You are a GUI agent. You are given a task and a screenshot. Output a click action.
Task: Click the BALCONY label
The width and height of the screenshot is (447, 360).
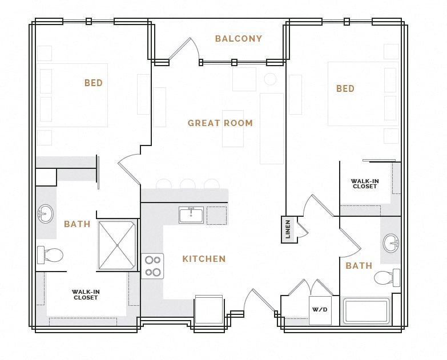coord(238,39)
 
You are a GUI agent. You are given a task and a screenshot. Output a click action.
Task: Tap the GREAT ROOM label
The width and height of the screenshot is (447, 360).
coord(220,123)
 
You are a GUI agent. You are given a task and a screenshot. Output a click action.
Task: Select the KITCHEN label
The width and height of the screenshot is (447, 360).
coord(204,259)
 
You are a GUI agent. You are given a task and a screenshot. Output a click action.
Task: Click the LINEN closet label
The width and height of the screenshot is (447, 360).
coord(288,229)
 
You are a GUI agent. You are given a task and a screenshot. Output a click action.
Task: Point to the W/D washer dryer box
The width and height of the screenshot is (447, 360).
coord(320,310)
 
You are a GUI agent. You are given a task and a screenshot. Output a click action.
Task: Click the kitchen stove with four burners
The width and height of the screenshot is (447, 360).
coord(152,266)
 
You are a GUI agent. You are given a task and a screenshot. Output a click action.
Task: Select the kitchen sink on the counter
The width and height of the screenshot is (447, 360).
coord(191,215)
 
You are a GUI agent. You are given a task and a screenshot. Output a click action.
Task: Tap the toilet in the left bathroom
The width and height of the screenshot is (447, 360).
coord(50,254)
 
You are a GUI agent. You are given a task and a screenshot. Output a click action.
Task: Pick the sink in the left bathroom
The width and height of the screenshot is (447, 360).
coord(45,214)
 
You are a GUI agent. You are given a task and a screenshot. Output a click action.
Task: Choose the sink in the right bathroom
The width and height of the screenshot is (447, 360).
coord(391,242)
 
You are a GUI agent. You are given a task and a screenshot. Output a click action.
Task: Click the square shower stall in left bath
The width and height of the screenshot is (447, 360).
coord(117,245)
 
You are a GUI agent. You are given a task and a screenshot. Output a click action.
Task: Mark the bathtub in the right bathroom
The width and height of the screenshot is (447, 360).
coord(366,312)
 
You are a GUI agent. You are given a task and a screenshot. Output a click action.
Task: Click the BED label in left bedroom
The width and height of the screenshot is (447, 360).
coord(94,83)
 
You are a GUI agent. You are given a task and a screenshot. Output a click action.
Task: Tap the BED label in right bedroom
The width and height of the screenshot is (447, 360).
coord(345,89)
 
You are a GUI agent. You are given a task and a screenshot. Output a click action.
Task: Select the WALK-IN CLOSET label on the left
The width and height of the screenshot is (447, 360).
coord(86,294)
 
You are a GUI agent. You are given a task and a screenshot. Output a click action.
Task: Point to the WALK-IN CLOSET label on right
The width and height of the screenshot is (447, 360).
coord(365,184)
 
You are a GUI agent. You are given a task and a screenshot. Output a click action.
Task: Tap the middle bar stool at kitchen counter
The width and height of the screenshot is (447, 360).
coord(187,184)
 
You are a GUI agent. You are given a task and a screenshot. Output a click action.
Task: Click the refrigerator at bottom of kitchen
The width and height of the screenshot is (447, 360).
coord(208,310)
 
